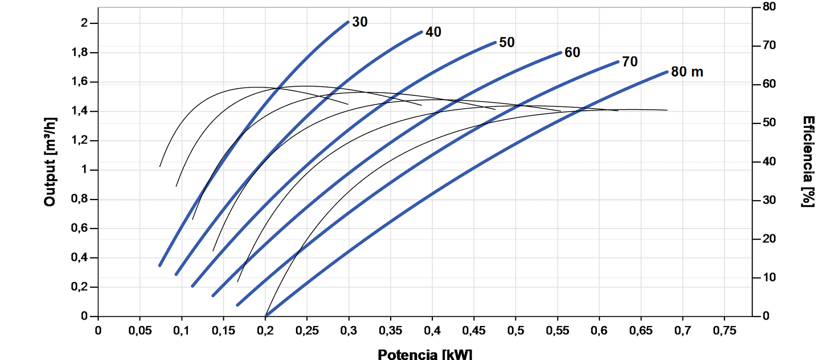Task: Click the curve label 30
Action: (360, 22)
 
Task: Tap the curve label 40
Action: (433, 32)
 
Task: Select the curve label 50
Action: (507, 42)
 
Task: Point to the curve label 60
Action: (572, 53)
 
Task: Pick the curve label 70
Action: (630, 62)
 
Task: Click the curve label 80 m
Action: (687, 72)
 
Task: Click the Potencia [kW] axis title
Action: (425, 354)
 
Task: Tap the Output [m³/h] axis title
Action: (50, 162)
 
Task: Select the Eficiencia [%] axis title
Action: (808, 162)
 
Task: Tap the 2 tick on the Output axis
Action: (84, 23)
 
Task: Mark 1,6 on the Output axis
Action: (80, 81)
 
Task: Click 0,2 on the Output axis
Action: (80, 287)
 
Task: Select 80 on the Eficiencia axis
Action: (769, 7)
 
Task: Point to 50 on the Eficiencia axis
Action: (769, 123)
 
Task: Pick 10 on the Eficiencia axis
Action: (769, 278)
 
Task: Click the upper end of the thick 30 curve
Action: (348, 22)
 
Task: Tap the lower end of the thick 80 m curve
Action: (266, 315)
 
